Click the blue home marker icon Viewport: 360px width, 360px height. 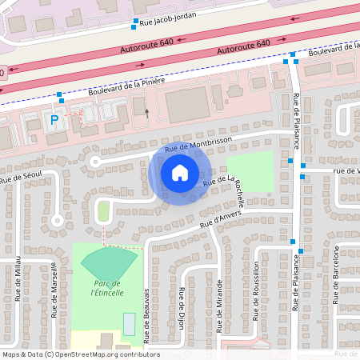179,172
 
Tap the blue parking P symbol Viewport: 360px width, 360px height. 54,121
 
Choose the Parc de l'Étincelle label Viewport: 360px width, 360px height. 107,288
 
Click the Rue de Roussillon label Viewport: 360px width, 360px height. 256,290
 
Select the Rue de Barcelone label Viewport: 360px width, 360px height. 337,271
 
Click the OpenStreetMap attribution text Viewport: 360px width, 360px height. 81,354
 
